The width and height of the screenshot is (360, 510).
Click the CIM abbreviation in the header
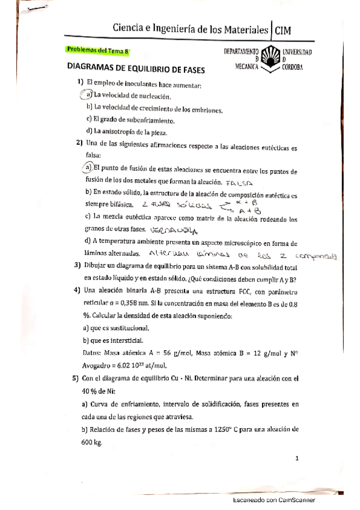click(x=285, y=30)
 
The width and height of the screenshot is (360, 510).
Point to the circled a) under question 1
click(x=87, y=95)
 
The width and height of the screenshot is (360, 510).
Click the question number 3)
click(x=78, y=265)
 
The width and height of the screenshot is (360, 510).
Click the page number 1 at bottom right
click(x=297, y=458)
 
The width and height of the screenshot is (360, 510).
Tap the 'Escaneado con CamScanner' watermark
click(x=274, y=500)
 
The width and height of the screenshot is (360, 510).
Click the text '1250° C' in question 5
click(x=224, y=430)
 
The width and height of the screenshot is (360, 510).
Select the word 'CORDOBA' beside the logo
click(x=292, y=67)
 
